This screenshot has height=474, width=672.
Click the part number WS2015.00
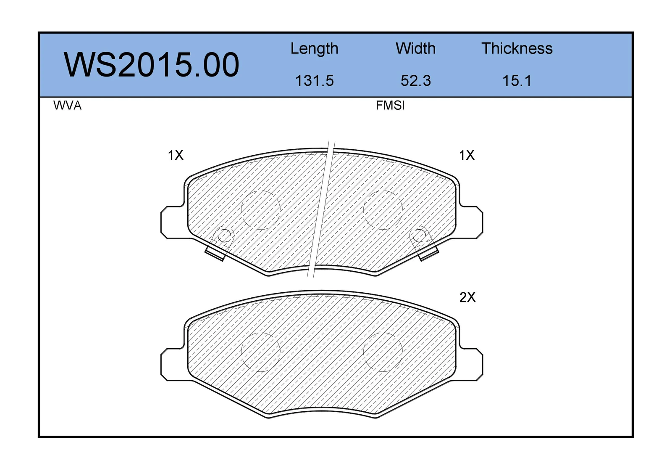152,65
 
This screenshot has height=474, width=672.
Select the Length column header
315,49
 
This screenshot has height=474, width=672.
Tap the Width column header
415,48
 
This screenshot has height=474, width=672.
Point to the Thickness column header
517,48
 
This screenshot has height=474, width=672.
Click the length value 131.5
315,81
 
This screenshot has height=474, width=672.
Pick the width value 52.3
416,81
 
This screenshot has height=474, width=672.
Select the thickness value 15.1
517,81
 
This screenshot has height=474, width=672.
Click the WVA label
68,106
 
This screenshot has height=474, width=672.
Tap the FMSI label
390,106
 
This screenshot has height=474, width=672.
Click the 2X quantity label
467,297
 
